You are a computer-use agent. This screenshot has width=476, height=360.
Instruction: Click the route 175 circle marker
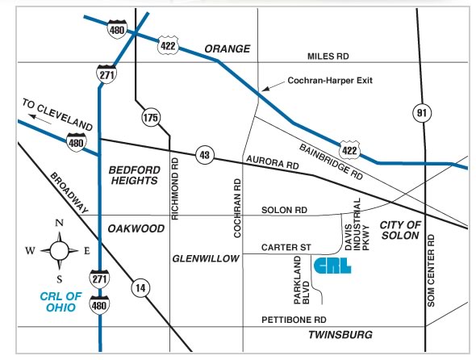pos(151,117)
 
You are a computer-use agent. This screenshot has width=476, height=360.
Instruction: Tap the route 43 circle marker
pos(205,155)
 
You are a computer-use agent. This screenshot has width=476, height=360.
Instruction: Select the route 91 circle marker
pos(422,113)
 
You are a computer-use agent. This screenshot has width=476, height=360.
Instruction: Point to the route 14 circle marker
pos(140,288)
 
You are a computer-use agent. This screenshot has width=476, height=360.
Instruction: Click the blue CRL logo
pos(332,266)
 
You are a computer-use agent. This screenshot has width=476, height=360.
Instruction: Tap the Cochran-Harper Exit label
pos(330,81)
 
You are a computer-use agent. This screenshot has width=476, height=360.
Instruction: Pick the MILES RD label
pos(328,57)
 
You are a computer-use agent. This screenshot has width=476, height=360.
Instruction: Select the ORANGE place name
pos(228,48)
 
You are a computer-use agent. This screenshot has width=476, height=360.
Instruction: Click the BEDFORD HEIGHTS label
pos(134,175)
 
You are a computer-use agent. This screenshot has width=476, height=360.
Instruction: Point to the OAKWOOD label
pos(136,228)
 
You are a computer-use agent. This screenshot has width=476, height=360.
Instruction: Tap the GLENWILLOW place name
pos(206,258)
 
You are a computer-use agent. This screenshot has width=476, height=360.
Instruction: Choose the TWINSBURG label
pos(340,334)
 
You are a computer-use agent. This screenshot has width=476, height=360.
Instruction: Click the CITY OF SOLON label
pos(400,230)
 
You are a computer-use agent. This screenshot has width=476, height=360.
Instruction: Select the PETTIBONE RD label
pos(294,320)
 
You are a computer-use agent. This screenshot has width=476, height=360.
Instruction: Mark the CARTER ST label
pos(286,247)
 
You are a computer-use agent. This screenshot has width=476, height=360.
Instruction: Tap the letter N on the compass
pos(59,224)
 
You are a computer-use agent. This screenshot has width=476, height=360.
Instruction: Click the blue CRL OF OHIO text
pos(61,302)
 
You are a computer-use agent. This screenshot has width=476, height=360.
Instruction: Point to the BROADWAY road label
pos(69,193)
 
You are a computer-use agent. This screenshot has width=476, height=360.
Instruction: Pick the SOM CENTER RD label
pos(431,270)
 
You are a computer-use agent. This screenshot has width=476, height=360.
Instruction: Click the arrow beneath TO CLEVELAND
pos(40,119)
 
